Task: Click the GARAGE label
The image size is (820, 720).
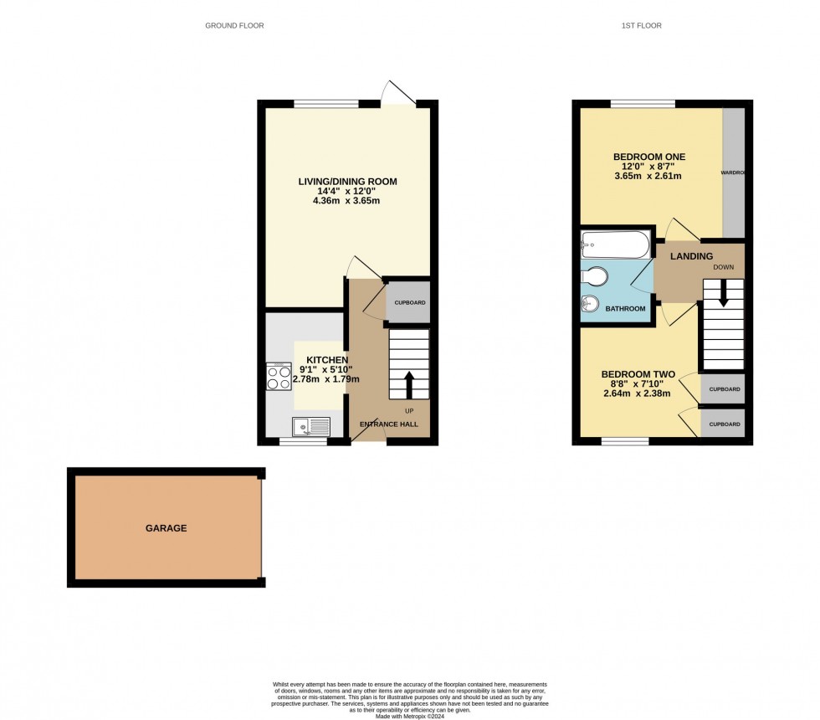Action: tap(166, 528)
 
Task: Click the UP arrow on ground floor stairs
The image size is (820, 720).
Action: tap(409, 385)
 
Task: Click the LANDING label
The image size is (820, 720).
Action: tap(691, 256)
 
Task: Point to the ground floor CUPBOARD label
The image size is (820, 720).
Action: tap(410, 302)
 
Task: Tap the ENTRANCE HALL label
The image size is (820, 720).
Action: tap(388, 424)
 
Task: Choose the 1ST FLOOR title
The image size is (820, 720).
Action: tap(641, 26)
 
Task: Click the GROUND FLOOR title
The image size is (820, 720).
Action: tap(234, 26)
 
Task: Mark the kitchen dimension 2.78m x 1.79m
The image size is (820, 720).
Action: tap(325, 379)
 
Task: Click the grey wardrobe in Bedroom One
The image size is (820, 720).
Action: tap(734, 172)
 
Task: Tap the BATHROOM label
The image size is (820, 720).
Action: tap(625, 309)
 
